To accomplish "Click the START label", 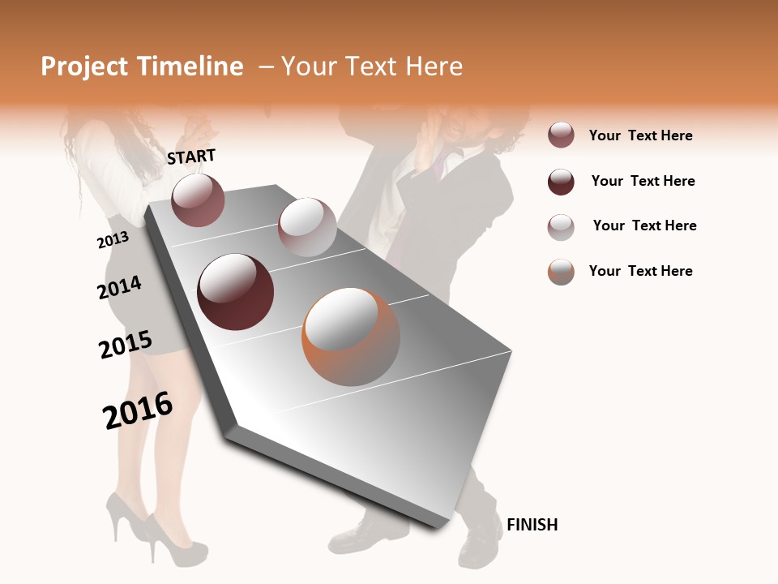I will click(191, 157).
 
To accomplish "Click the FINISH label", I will click(532, 525).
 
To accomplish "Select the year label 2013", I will click(113, 240).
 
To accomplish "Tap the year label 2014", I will click(119, 287).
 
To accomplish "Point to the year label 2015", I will click(126, 345).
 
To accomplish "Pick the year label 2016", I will click(138, 410).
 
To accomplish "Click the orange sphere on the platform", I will click(351, 337).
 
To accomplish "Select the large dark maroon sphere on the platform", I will click(236, 292).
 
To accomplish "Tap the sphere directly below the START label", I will click(199, 200).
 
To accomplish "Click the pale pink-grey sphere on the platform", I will click(307, 227).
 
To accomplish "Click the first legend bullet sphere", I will click(561, 135).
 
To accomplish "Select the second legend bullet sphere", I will click(561, 182).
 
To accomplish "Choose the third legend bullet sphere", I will click(561, 226).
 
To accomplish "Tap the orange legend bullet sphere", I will click(561, 272).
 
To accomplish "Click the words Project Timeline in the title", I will click(142, 67).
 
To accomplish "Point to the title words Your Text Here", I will click(372, 67).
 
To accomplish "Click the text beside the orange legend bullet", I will click(640, 271).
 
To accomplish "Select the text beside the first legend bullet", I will click(640, 135).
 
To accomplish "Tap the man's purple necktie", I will click(438, 167).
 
